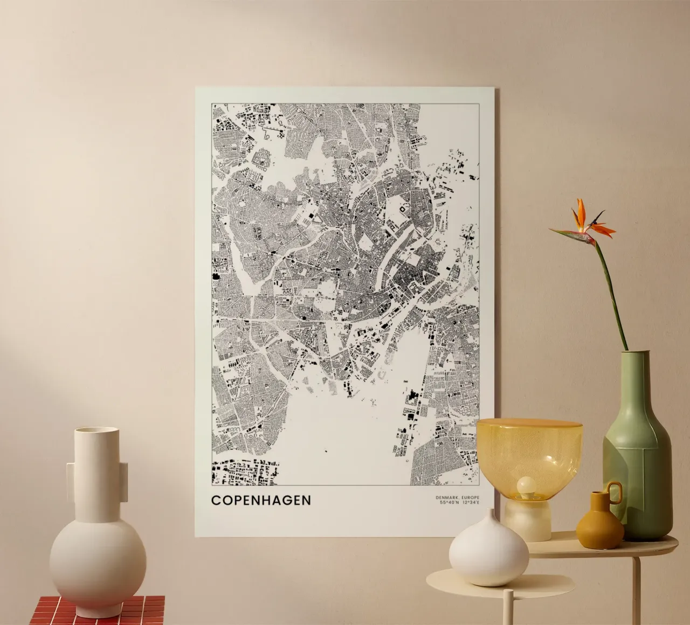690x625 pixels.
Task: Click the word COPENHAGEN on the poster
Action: [261, 500]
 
